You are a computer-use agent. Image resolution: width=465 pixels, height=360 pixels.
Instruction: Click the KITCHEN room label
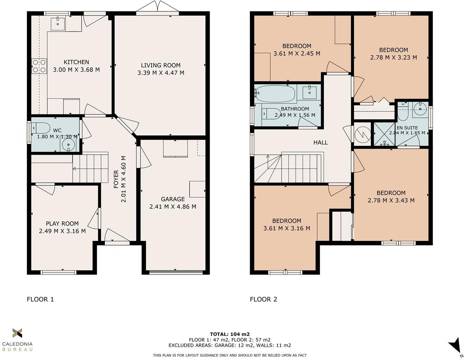tap(76, 62)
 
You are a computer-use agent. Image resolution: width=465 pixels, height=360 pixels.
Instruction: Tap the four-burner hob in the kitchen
tap(39, 66)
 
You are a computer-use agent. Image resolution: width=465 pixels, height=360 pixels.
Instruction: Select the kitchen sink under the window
tap(57, 23)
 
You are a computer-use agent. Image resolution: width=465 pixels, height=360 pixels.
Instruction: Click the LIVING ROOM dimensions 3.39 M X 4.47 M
tap(161, 73)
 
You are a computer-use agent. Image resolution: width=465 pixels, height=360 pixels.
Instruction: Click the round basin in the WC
tap(69, 144)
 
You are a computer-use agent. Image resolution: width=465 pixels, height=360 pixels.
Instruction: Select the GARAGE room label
tap(173, 199)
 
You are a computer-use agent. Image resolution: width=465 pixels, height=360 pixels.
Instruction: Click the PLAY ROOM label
tap(62, 224)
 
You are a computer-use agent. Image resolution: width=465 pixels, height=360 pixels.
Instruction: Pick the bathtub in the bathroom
tap(276, 93)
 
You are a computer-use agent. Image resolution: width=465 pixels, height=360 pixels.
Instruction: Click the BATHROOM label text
tap(295, 109)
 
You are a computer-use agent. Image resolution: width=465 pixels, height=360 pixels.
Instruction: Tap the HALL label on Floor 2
tap(320, 142)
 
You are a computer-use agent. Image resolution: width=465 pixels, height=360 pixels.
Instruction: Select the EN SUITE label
tap(407, 128)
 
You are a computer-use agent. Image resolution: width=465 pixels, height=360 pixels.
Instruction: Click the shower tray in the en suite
tap(384, 134)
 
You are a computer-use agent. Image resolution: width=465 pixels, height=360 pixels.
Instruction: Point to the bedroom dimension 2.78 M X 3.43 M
tap(391, 200)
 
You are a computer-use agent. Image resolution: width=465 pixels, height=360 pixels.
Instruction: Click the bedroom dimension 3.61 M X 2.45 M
tap(297, 53)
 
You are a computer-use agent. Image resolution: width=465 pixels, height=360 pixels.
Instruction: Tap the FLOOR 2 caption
tap(263, 299)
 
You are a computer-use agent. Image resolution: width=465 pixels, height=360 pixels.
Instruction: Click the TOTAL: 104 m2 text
tap(230, 334)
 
